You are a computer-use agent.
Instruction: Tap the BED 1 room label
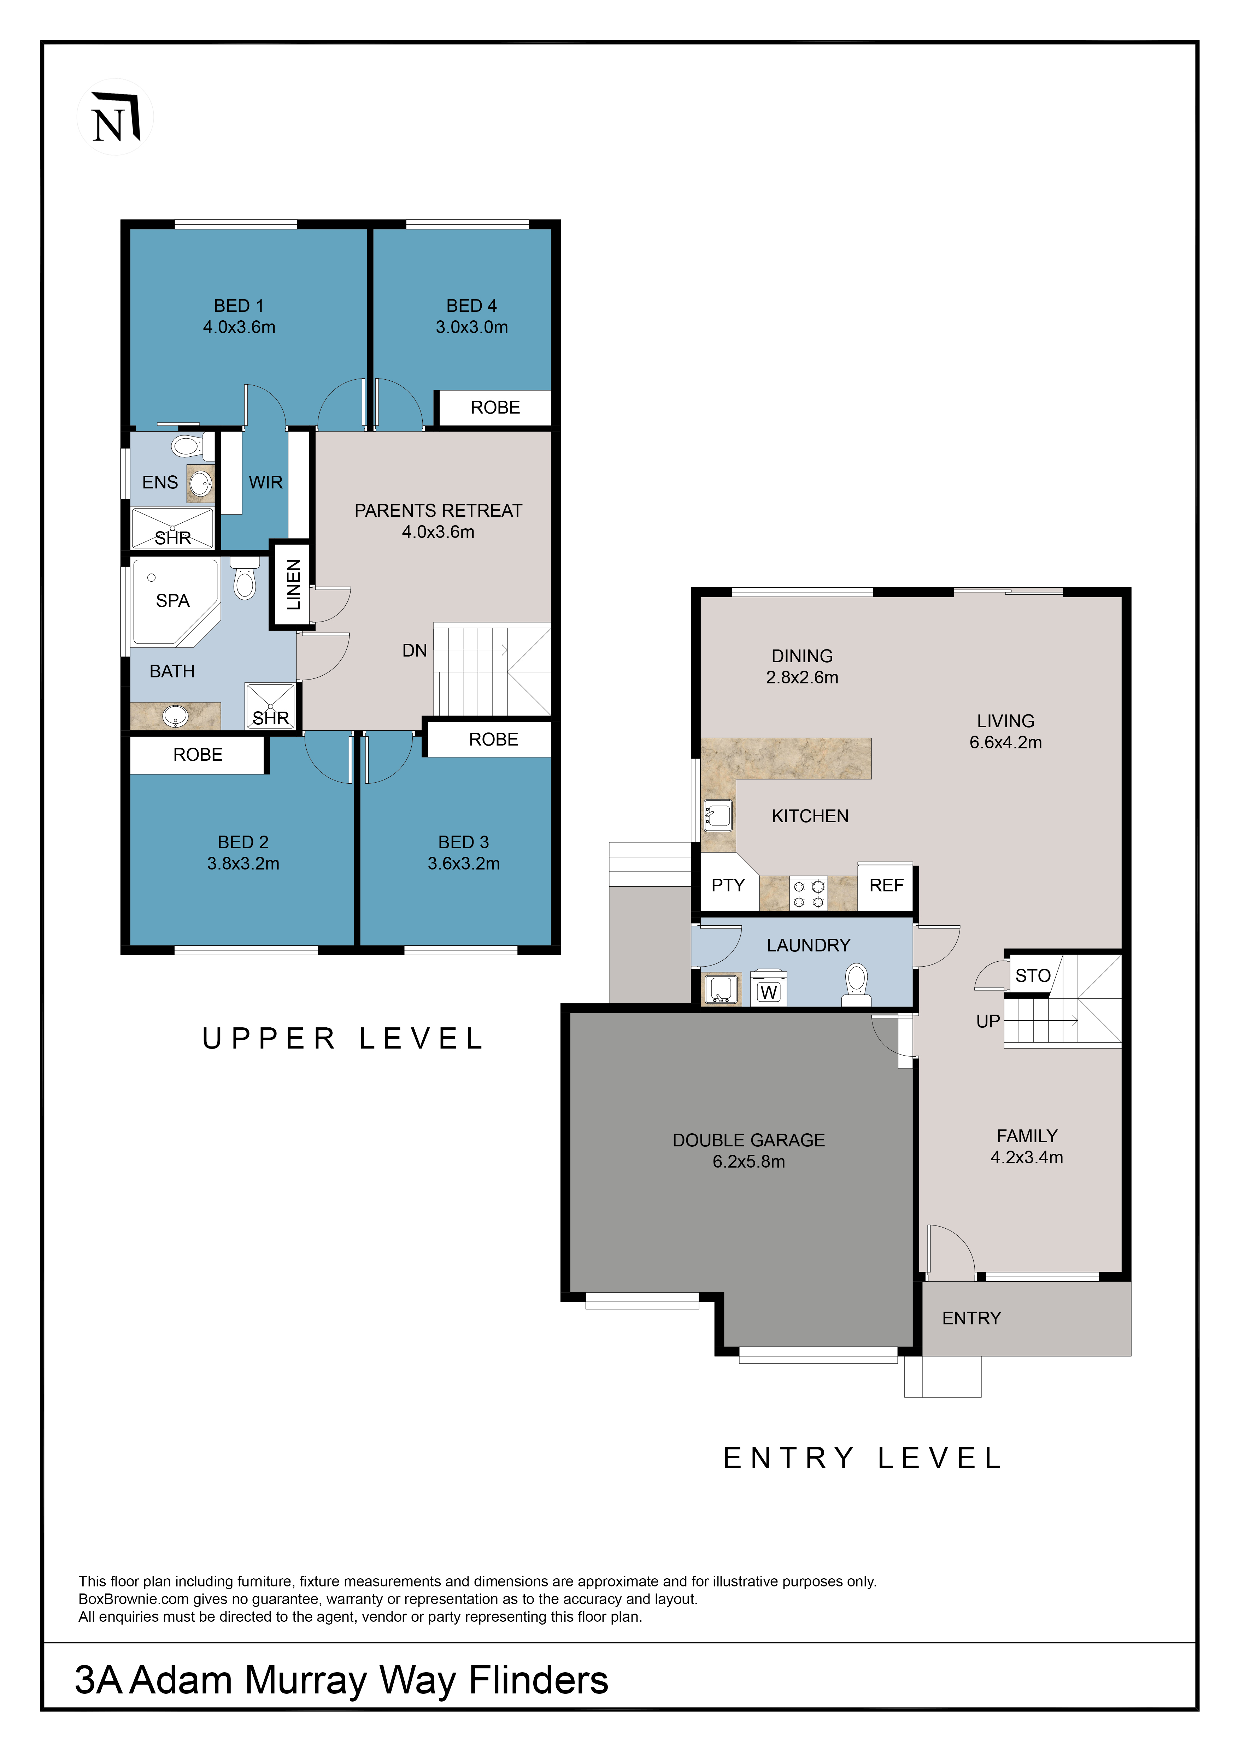[x=239, y=306]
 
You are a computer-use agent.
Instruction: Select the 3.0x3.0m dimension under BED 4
[x=471, y=327]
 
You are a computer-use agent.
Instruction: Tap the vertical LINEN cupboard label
[x=293, y=585]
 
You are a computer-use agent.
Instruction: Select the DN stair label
[x=414, y=651]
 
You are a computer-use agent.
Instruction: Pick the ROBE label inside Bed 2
[x=198, y=755]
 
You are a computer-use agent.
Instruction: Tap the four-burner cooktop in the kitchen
[x=809, y=894]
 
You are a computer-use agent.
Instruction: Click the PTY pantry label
[x=728, y=885]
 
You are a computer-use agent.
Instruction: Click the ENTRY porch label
[x=971, y=1319]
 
